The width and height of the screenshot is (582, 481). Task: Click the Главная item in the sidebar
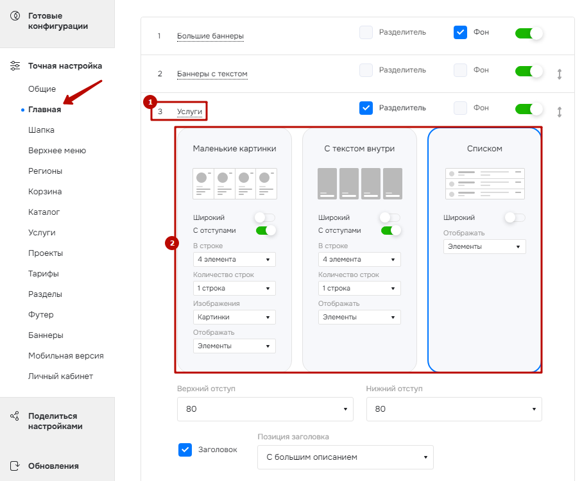(44, 110)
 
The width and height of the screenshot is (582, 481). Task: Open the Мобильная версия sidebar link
(65, 356)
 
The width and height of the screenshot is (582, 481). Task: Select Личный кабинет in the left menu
(60, 376)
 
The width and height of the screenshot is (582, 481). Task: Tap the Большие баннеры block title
(210, 36)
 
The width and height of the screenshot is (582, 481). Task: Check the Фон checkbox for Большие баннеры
(460, 32)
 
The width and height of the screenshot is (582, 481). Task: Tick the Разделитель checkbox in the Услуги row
(366, 108)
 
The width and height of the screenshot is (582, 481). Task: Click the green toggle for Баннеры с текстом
(529, 71)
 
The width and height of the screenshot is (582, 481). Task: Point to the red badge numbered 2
(172, 243)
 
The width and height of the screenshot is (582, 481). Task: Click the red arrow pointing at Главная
(82, 92)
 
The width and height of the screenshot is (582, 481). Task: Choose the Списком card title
(484, 148)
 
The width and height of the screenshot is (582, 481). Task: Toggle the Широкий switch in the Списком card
(515, 217)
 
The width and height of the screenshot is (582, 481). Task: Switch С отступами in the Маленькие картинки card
(266, 230)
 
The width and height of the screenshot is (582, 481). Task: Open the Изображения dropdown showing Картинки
(234, 317)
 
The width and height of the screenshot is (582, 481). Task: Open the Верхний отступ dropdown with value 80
(265, 409)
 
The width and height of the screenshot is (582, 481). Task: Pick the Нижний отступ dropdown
(454, 409)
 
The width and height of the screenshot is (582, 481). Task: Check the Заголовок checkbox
(185, 450)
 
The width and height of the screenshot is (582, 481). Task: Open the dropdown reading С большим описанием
(345, 457)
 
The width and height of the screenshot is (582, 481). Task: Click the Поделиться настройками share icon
(15, 416)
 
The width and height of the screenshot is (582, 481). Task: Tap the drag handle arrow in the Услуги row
(560, 112)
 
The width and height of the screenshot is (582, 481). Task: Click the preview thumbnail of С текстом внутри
(360, 183)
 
